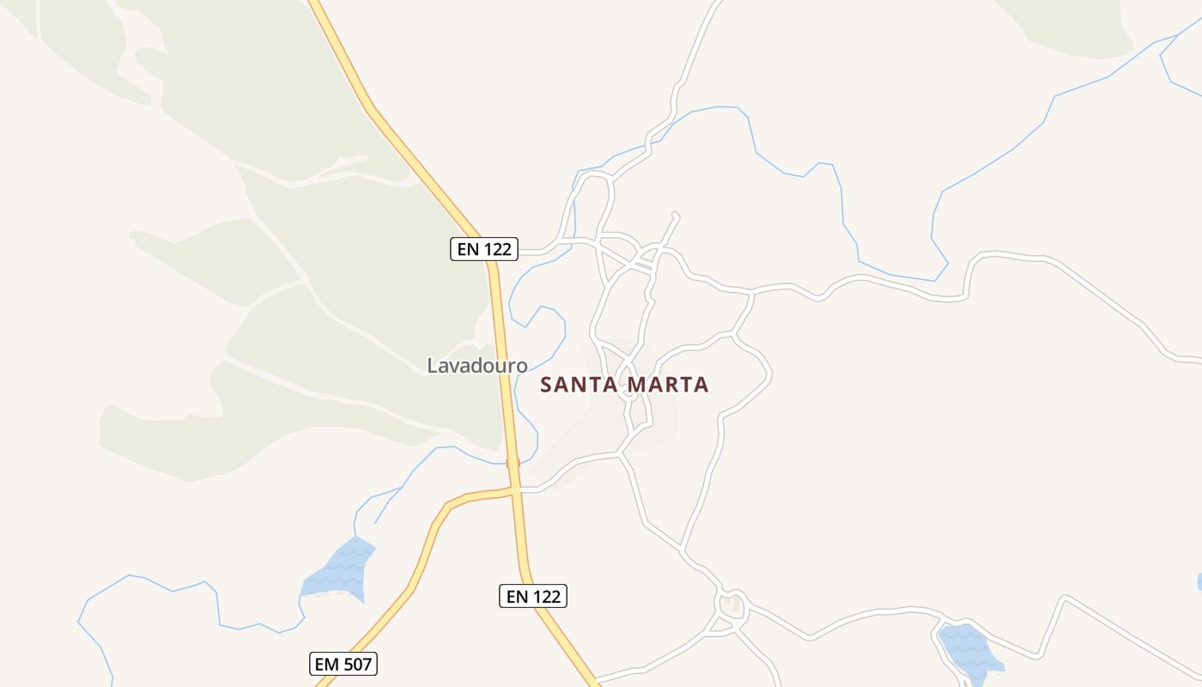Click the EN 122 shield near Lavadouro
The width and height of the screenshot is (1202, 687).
point(484,249)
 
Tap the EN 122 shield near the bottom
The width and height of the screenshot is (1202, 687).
point(532,595)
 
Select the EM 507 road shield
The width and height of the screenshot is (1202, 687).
point(343,664)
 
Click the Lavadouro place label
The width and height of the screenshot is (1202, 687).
point(477,365)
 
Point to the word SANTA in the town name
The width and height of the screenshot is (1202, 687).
point(580,385)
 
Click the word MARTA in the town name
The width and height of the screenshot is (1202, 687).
point(668,385)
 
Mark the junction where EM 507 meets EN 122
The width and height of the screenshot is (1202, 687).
point(515,490)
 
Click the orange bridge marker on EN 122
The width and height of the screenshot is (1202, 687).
point(513,463)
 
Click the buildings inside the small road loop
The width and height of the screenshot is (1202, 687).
point(732,604)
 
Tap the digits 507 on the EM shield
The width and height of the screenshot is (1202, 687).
point(355,664)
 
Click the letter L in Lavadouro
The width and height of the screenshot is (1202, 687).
point(432,366)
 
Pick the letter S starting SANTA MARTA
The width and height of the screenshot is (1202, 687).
point(546,385)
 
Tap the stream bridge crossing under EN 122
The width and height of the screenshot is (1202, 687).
point(513,463)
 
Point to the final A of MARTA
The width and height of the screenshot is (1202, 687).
point(702,385)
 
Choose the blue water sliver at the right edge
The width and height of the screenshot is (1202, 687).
point(1199,582)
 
